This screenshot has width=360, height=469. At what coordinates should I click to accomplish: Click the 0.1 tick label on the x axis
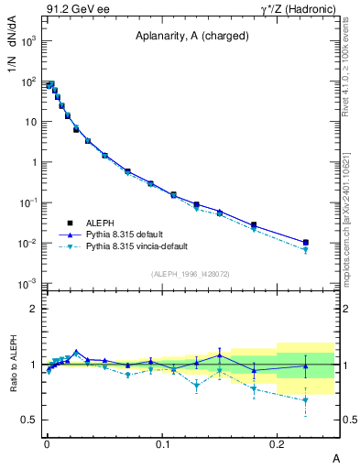pyautogui.click(x=163, y=443)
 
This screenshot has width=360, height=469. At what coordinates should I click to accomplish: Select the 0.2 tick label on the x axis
pyautogui.click(x=278, y=443)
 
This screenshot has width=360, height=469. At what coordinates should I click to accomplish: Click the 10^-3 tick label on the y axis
pyautogui.click(x=25, y=283)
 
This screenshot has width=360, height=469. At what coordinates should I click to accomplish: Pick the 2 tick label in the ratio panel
pyautogui.click(x=33, y=309)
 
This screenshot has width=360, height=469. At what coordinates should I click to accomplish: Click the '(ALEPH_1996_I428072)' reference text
pyautogui.click(x=189, y=273)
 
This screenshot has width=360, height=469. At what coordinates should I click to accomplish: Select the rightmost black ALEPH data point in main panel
pyautogui.click(x=305, y=242)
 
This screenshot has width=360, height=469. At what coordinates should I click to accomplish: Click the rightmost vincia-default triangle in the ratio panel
pyautogui.click(x=305, y=400)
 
